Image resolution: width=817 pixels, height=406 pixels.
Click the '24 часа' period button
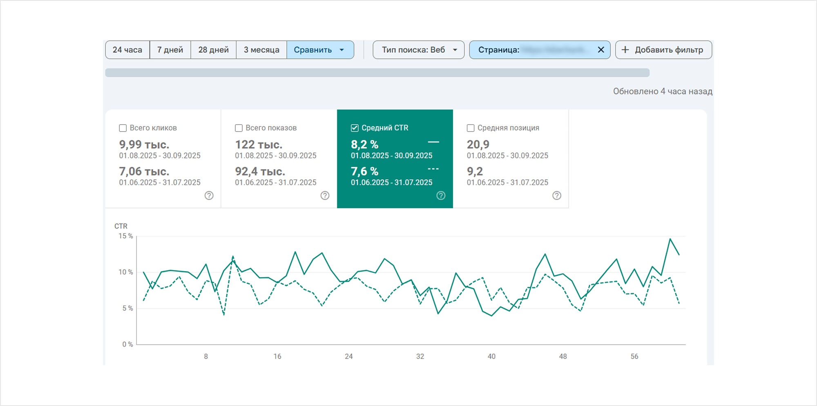tap(127, 50)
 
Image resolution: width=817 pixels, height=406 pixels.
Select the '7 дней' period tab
tap(170, 50)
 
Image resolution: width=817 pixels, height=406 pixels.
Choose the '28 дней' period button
tap(213, 50)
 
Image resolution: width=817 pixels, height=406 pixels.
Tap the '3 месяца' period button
tap(261, 50)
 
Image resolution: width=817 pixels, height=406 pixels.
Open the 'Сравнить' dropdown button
tap(320, 50)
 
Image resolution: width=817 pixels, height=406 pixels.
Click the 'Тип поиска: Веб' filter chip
tap(418, 50)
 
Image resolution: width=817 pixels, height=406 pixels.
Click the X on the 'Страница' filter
tap(601, 50)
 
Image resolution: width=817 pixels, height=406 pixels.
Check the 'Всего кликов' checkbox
tap(123, 128)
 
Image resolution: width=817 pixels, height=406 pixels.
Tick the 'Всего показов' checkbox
tap(239, 128)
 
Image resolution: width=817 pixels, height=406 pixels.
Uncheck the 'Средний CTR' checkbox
tap(355, 128)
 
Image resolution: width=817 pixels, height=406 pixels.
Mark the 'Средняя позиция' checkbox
tap(471, 128)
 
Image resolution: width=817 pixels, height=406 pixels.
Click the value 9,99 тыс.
tap(144, 145)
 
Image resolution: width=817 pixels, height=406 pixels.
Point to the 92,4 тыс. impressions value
tap(260, 172)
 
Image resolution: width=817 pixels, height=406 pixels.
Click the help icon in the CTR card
tap(441, 196)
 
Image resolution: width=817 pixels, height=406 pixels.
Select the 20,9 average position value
tap(478, 145)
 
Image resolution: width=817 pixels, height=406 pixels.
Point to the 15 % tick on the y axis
tap(125, 236)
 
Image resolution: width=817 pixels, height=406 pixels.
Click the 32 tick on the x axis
tap(420, 357)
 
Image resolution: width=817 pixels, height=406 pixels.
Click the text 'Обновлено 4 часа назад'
tap(662, 91)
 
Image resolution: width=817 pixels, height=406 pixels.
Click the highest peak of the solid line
tap(670, 239)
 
